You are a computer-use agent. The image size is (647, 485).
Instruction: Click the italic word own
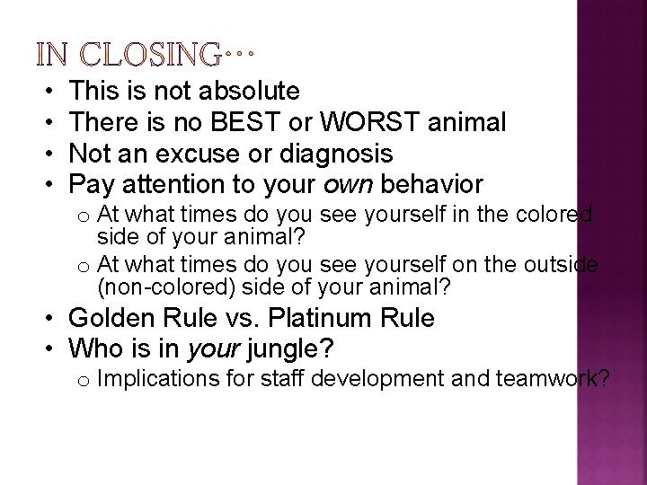tap(348, 186)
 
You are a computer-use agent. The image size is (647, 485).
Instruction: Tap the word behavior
tap(432, 185)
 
